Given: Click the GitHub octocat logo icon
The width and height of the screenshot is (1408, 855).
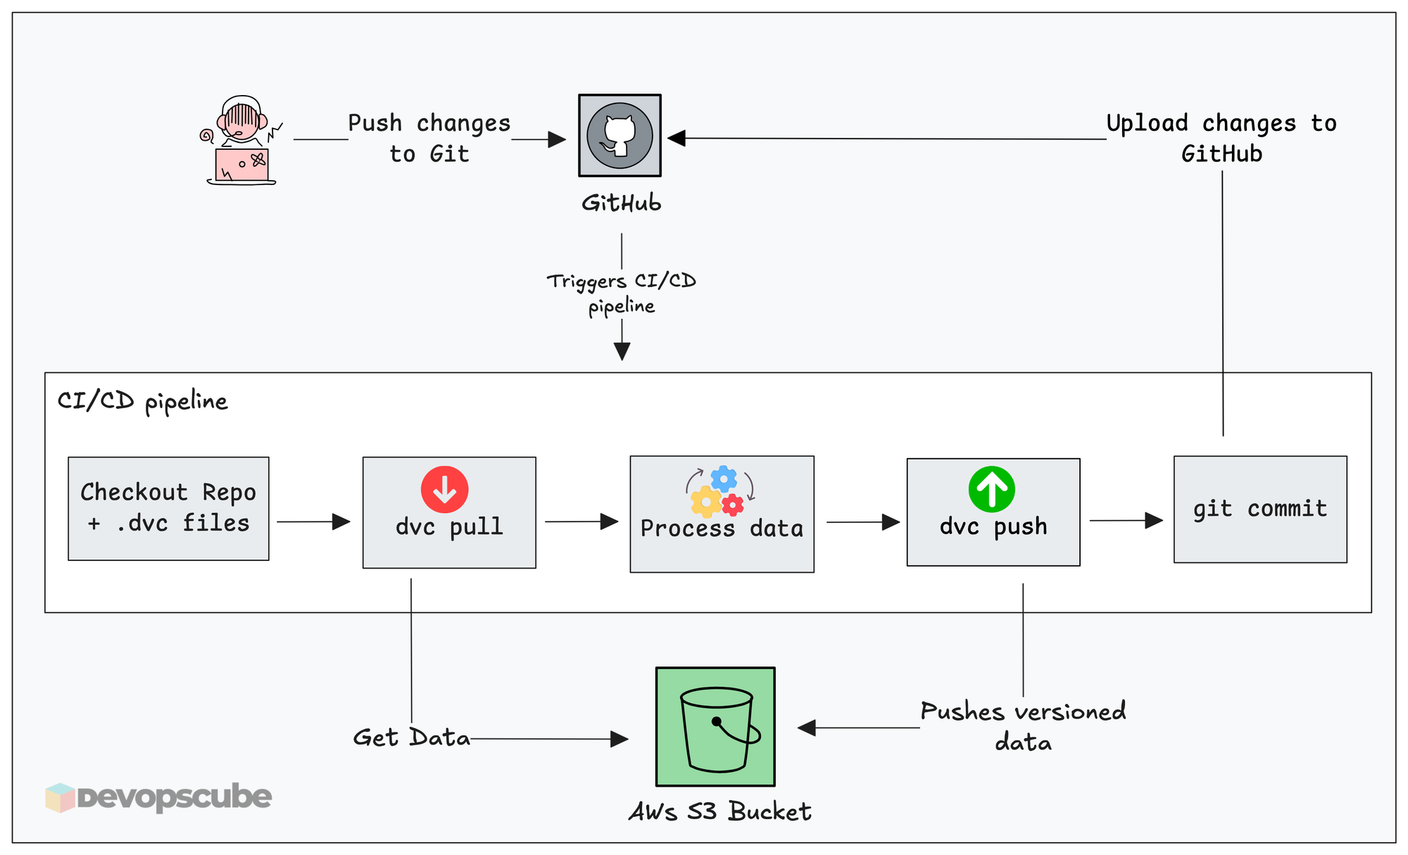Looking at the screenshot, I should [x=620, y=135].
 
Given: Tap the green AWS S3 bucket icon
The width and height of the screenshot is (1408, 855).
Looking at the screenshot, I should [x=715, y=726].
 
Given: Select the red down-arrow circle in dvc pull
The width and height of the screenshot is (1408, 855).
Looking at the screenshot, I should [x=444, y=489].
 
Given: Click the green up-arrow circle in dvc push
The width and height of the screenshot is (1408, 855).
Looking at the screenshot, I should [x=991, y=489].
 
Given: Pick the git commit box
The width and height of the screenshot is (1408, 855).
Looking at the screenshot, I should [x=1259, y=509].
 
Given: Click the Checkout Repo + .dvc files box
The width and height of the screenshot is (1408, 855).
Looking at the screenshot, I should [x=168, y=508].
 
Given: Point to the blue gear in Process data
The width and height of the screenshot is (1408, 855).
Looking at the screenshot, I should [x=724, y=479].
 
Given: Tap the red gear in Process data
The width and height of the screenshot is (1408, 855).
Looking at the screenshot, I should [x=733, y=504].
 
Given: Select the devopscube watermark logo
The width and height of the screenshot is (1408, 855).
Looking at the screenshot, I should [x=158, y=797].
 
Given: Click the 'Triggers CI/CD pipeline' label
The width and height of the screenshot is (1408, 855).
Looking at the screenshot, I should [x=622, y=293].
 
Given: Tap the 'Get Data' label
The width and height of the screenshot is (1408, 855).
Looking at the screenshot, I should [x=411, y=737].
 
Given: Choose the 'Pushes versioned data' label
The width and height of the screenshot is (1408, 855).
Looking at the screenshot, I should [x=1023, y=726].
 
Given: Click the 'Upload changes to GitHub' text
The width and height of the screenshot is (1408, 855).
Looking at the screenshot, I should [x=1221, y=138].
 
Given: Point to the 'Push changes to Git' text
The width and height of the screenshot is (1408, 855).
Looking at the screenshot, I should [x=429, y=138].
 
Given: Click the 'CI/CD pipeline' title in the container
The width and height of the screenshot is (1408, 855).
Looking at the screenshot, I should [x=142, y=401].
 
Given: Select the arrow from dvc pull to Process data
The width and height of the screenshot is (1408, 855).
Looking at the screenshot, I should [x=581, y=521].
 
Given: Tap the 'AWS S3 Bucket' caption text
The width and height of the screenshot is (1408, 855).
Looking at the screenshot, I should [x=719, y=811].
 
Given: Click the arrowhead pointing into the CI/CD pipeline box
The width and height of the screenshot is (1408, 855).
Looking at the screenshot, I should [x=622, y=351].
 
